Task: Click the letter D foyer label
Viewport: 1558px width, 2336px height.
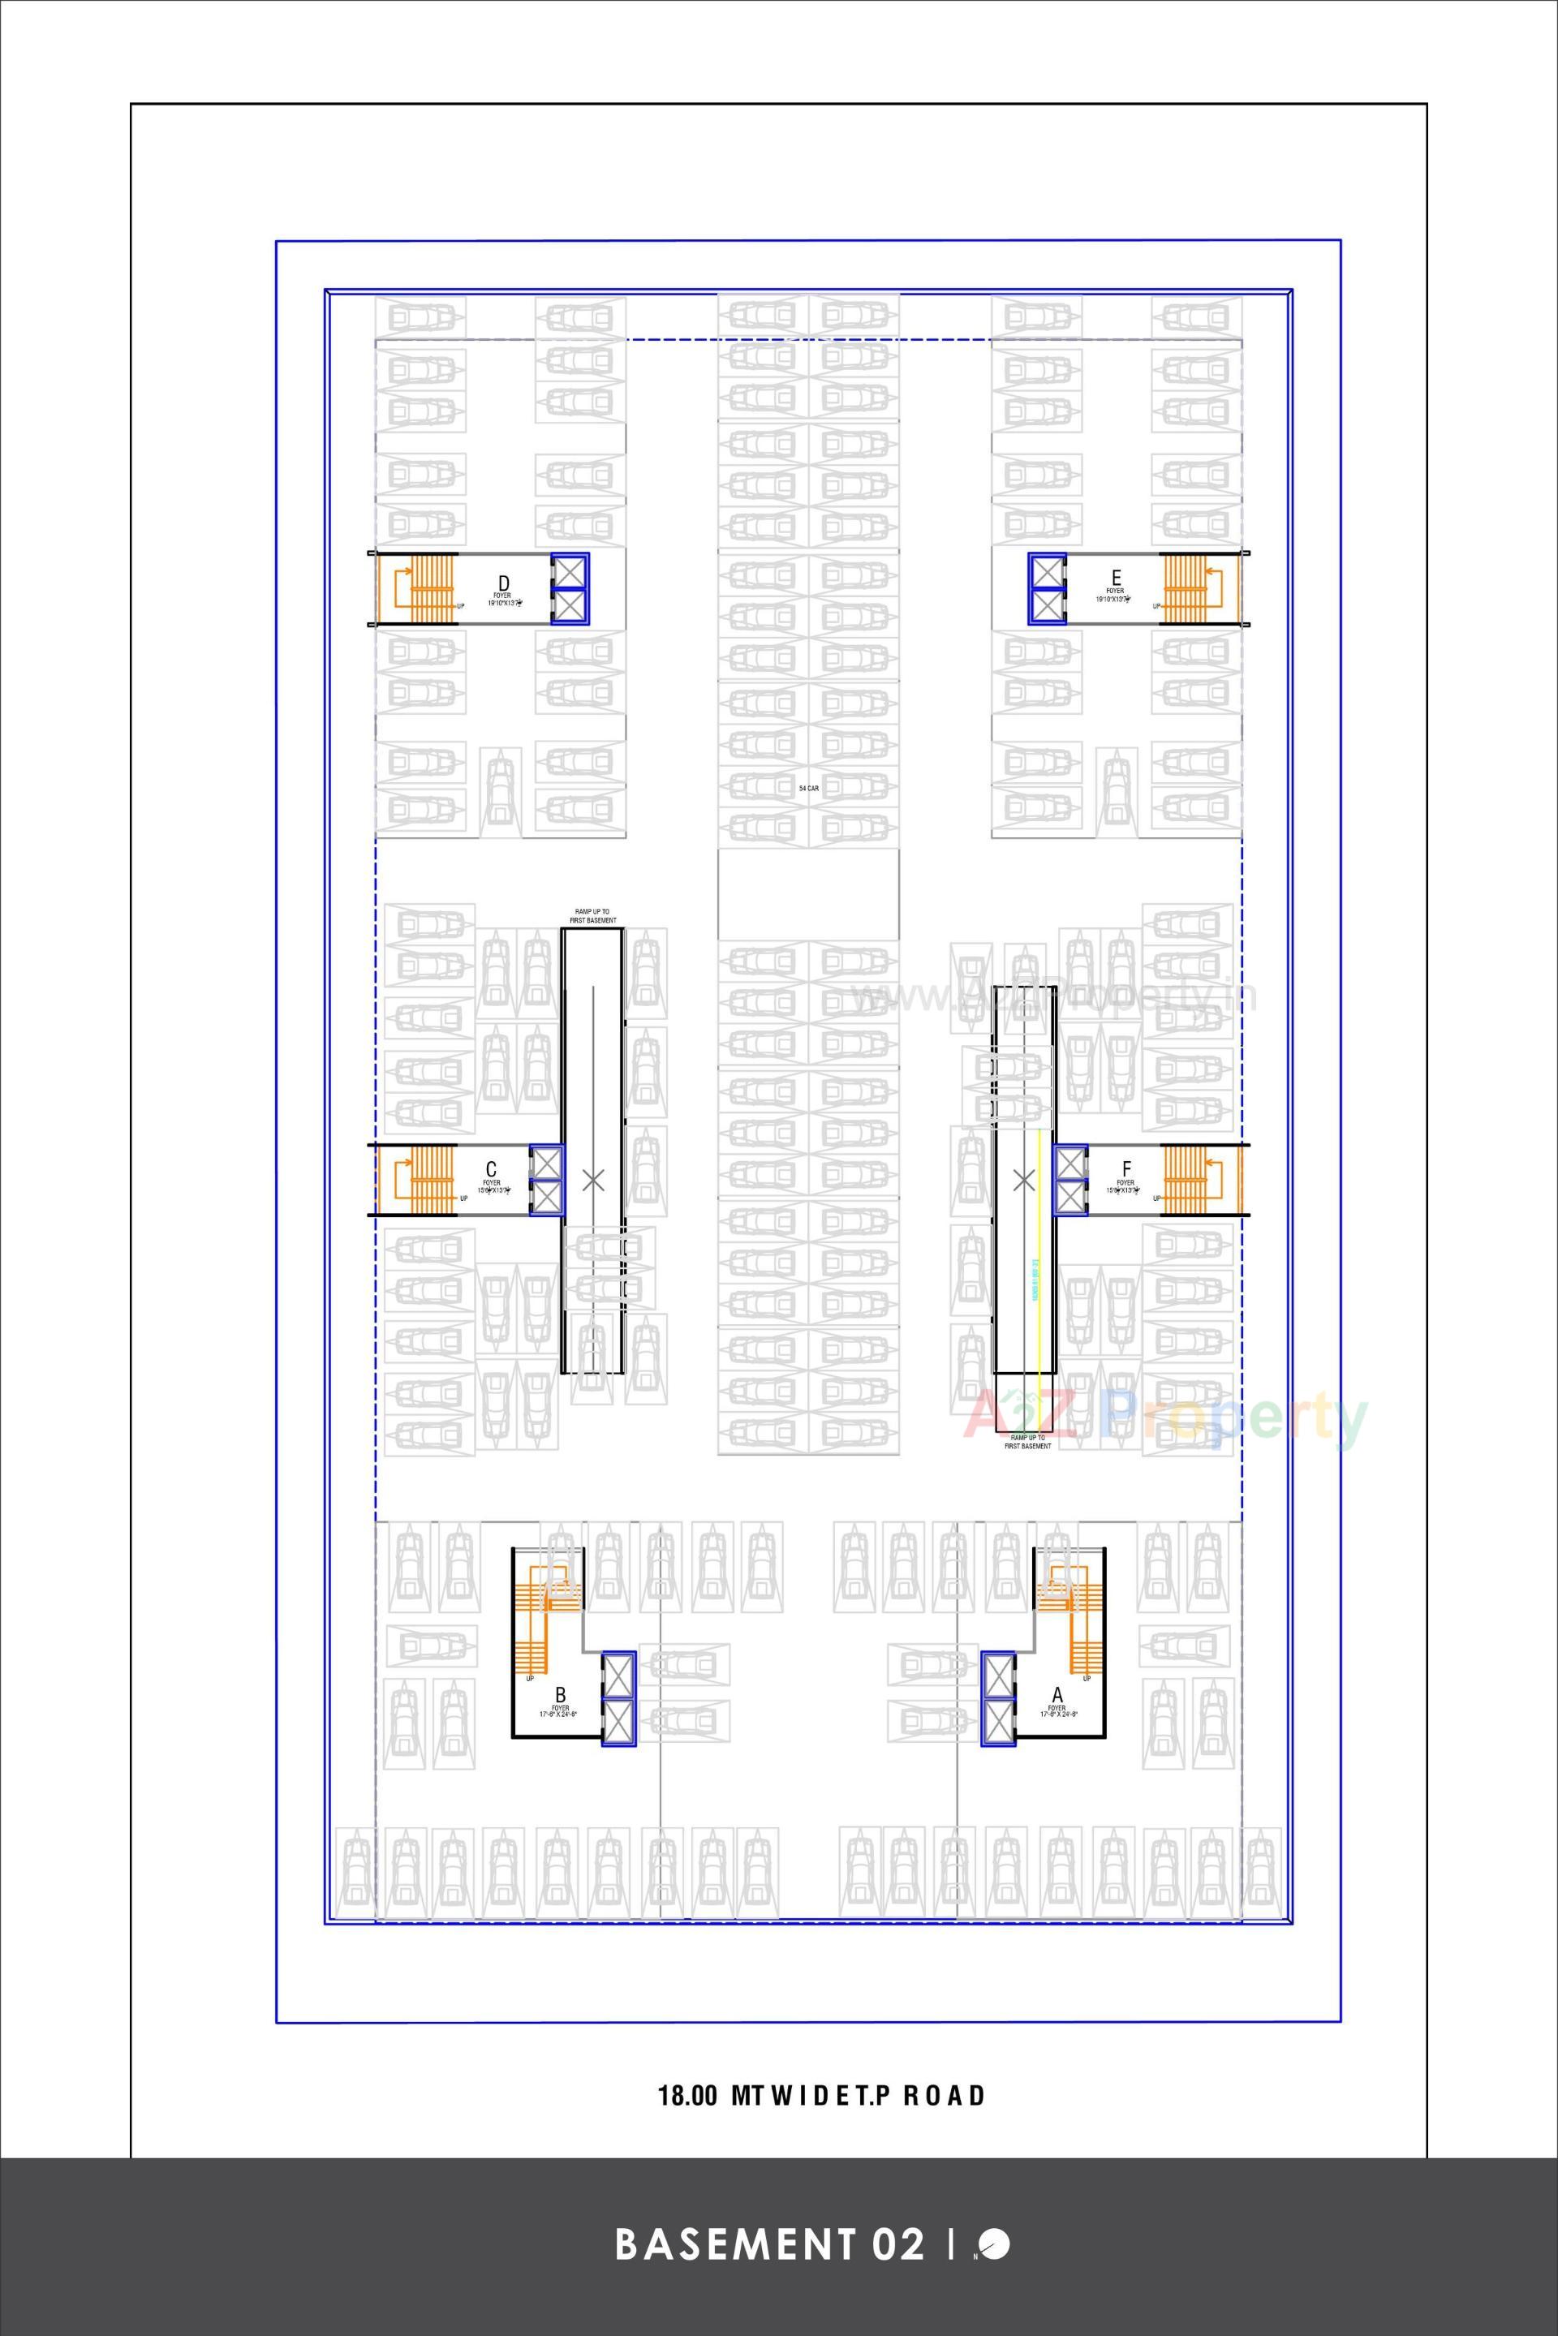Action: point(504,583)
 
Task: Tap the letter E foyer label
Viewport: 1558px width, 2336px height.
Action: point(1116,577)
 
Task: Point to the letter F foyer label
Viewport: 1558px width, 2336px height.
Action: point(1125,1168)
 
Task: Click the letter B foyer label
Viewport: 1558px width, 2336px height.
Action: point(561,1694)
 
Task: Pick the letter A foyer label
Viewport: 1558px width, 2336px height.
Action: point(1057,1694)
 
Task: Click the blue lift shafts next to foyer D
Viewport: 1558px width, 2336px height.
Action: point(570,588)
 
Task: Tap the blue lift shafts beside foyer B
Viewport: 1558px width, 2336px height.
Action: point(618,1698)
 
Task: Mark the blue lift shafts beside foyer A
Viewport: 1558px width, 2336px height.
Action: point(997,1698)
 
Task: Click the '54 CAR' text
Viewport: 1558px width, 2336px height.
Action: point(808,788)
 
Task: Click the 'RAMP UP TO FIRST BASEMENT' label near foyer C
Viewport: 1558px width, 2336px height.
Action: point(593,916)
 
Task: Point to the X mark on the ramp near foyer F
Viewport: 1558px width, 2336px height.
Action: point(1022,1180)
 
